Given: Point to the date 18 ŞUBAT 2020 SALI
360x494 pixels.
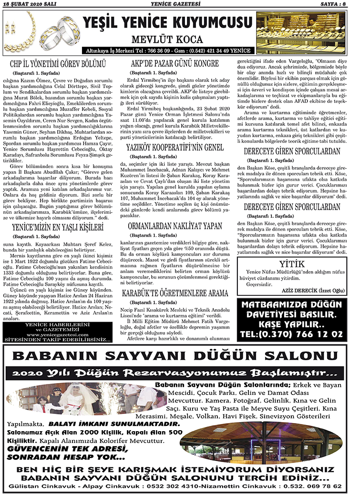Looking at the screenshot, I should [x=31, y=4].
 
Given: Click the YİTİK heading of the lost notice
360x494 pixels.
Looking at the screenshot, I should [x=292, y=264].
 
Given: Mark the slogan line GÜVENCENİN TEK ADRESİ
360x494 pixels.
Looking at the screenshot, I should [x=65, y=449].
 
